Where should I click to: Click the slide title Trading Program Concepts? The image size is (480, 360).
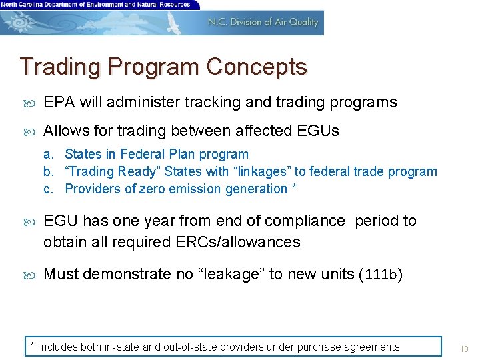163,67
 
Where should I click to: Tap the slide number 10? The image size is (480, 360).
465,347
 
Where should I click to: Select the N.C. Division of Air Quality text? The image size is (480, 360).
263,22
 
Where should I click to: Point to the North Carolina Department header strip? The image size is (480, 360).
97,5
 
